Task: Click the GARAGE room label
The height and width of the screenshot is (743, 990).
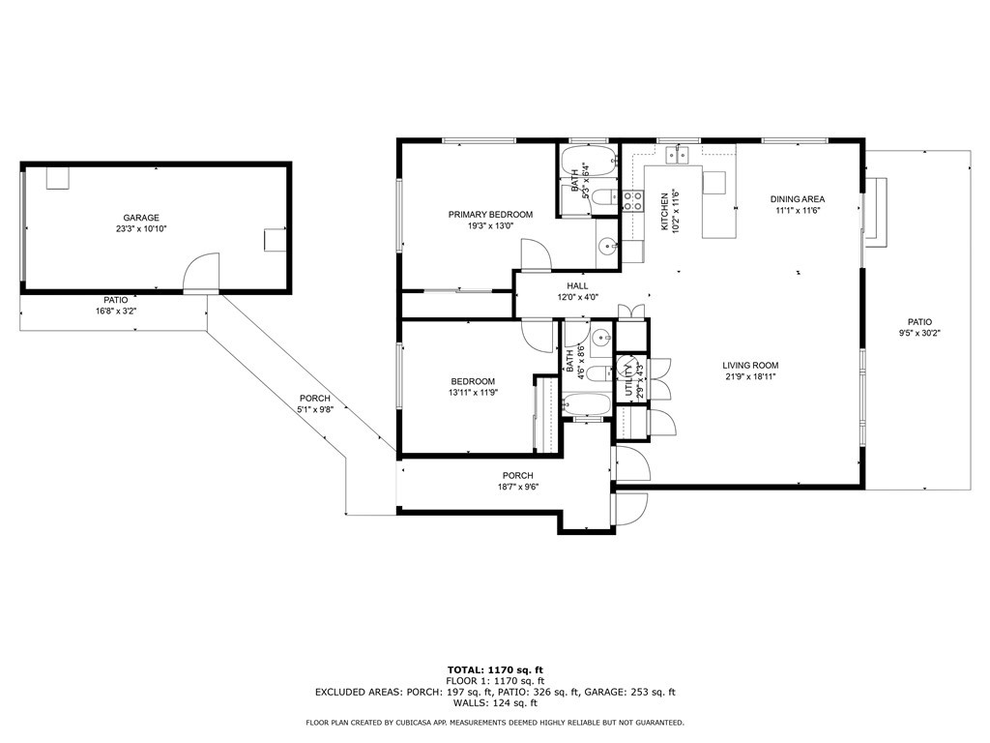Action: click(x=140, y=218)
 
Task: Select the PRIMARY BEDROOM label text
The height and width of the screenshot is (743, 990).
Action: click(x=490, y=214)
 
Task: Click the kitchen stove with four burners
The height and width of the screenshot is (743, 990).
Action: click(x=633, y=201)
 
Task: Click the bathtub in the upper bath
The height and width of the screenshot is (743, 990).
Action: click(x=588, y=163)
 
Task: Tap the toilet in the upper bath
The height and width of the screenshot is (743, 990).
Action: click(x=601, y=199)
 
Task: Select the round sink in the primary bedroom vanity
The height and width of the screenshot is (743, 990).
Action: click(x=607, y=246)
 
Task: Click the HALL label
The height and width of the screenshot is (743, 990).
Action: click(x=577, y=286)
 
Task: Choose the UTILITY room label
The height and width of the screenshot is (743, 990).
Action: click(x=628, y=376)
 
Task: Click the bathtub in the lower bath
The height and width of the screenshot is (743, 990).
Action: click(x=587, y=405)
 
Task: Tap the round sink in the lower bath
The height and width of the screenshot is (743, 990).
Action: click(x=599, y=339)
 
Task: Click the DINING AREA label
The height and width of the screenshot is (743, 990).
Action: click(x=798, y=199)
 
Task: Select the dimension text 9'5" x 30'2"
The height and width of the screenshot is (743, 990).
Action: click(x=919, y=333)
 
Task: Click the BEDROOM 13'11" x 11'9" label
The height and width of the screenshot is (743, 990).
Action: click(x=472, y=381)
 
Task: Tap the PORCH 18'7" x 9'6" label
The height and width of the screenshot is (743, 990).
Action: click(x=517, y=475)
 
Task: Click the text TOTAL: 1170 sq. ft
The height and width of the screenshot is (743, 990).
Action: click(x=494, y=669)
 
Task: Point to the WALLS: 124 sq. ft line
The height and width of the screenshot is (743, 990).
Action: click(x=494, y=703)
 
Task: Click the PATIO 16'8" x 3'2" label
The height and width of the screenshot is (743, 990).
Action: click(x=117, y=300)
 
